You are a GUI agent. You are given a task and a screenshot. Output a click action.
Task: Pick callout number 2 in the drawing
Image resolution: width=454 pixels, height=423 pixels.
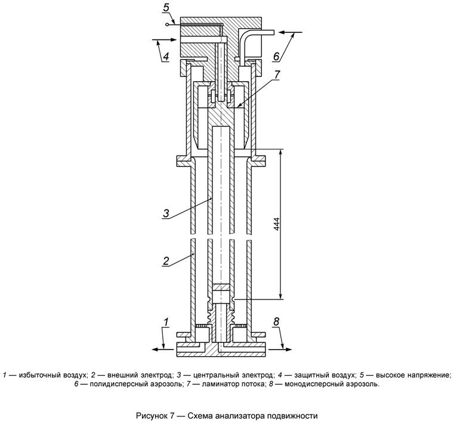[x=167, y=261]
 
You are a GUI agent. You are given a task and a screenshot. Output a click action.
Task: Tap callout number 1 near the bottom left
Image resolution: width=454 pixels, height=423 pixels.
[x=165, y=322]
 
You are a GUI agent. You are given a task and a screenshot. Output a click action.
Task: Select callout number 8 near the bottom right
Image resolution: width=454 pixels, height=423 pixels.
[x=276, y=322]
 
